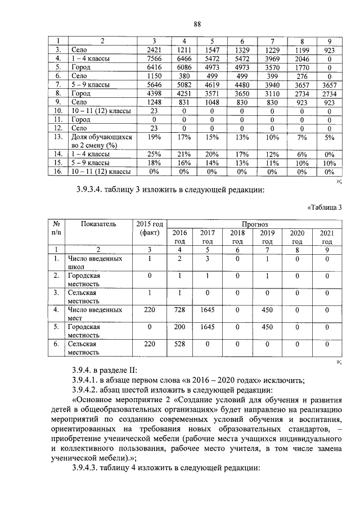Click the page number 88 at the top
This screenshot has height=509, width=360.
(197, 24)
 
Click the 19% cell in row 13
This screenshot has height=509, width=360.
(154, 137)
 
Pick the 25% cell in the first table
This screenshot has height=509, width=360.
(154, 154)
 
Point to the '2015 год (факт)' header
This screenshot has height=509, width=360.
(150, 228)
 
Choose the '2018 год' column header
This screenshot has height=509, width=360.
(238, 236)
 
